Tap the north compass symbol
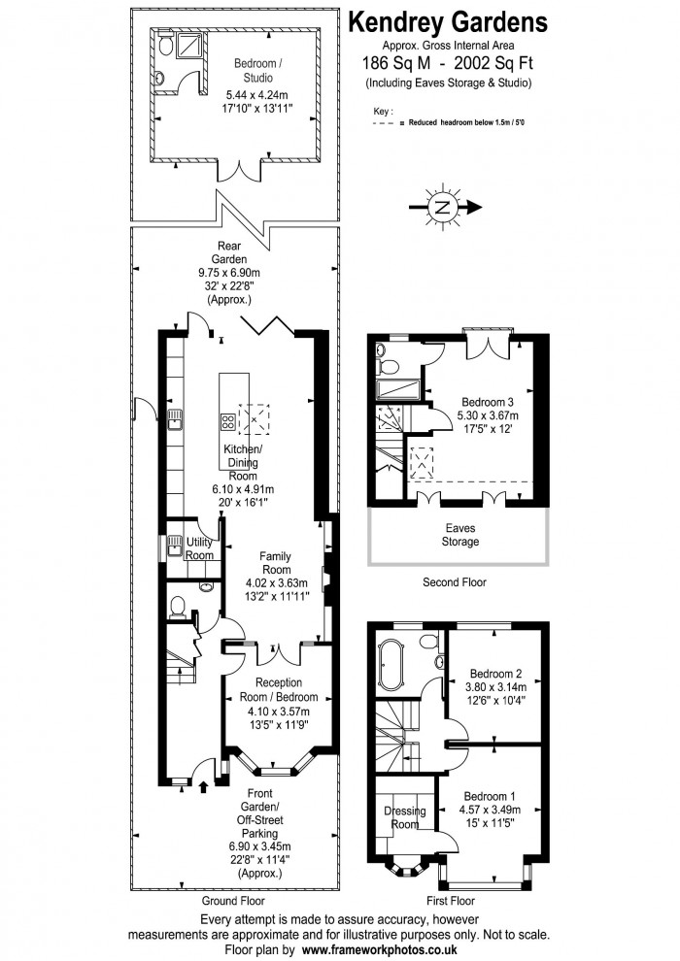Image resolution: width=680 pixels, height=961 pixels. pos(443,207)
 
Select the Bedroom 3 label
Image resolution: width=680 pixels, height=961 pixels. pos(488,402)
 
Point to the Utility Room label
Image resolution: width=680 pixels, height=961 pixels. pos(199,548)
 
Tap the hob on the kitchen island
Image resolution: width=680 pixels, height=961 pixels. pos(228,421)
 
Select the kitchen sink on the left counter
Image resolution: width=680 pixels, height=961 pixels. pos(176,419)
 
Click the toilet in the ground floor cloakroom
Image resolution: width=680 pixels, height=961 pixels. pos(177,607)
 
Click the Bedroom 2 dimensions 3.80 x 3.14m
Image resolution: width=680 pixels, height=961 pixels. pos(496,688)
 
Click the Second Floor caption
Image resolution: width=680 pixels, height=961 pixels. pos(455,582)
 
